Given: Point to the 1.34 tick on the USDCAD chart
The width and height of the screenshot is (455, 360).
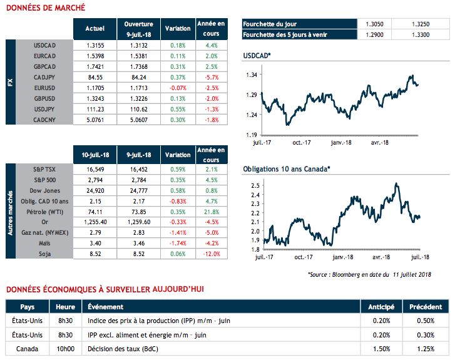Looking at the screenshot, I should click(x=250, y=75).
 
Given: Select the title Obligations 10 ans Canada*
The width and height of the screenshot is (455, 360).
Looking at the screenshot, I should click(x=286, y=169).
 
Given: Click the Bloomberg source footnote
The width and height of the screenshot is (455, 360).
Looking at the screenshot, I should click(x=379, y=274).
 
